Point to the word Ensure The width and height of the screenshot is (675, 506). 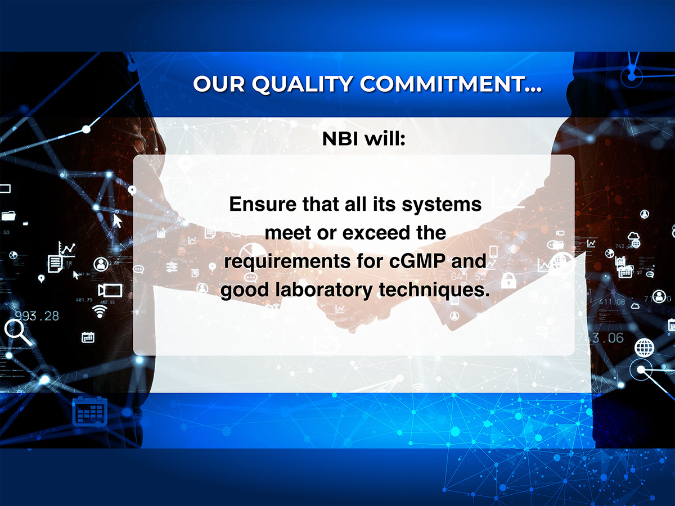263,204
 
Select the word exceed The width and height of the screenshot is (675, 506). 377,233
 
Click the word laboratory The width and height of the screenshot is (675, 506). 324,290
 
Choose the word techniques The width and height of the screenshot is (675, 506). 434,290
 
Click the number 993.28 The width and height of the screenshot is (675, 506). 37,316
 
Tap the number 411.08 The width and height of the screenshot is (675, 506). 612,302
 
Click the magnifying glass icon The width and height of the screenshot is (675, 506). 18,332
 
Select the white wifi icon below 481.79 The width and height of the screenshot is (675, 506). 100,311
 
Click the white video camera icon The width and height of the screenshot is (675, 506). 110,290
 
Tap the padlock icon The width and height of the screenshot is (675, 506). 509,281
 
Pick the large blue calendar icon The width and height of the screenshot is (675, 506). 90,411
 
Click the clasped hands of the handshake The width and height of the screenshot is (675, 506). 348,307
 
